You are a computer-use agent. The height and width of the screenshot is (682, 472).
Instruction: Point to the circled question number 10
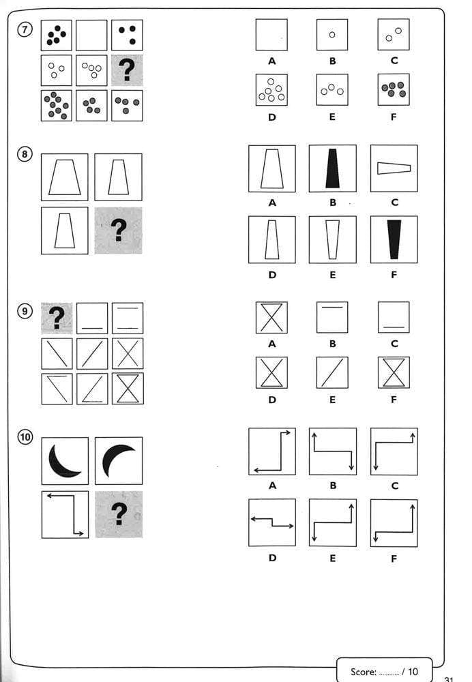pyautogui.click(x=26, y=438)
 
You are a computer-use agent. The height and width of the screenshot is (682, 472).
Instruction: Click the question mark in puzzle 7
pyautogui.click(x=127, y=71)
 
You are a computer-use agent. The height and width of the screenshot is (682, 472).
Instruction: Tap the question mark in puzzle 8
pyautogui.click(x=119, y=231)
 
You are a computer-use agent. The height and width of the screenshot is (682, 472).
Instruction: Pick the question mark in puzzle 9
pyautogui.click(x=57, y=318)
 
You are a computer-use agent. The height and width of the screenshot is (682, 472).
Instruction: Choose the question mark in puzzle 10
pyautogui.click(x=119, y=514)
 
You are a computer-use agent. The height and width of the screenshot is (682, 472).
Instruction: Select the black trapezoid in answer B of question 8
pyautogui.click(x=332, y=168)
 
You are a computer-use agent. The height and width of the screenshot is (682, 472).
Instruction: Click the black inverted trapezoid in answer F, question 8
pyautogui.click(x=394, y=239)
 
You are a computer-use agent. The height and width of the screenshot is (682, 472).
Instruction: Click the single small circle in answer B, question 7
pyautogui.click(x=332, y=35)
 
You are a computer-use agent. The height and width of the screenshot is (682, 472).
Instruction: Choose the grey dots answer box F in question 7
pyautogui.click(x=394, y=89)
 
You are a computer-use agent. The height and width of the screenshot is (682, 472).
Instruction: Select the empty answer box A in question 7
pyautogui.click(x=271, y=35)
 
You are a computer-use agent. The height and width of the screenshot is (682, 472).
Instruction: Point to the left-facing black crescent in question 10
pyautogui.click(x=64, y=460)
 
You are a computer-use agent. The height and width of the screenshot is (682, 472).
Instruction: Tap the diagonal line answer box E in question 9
pyautogui.click(x=332, y=372)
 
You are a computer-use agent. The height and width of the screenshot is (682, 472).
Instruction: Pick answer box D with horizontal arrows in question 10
pyautogui.click(x=271, y=522)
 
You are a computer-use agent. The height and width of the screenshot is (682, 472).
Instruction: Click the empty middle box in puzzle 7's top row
pyautogui.click(x=91, y=35)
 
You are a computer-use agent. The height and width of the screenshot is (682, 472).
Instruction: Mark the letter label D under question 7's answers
pyautogui.click(x=271, y=117)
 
